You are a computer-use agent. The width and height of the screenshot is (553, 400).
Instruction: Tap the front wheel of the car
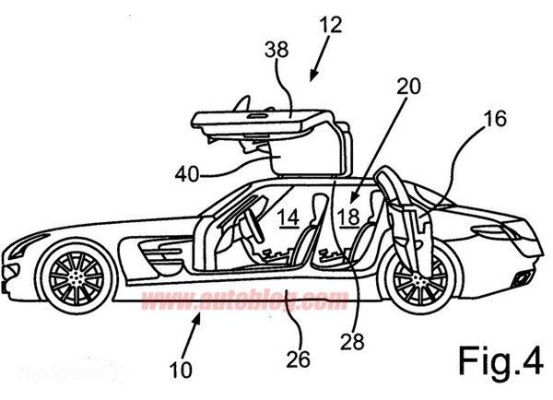(76, 275)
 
